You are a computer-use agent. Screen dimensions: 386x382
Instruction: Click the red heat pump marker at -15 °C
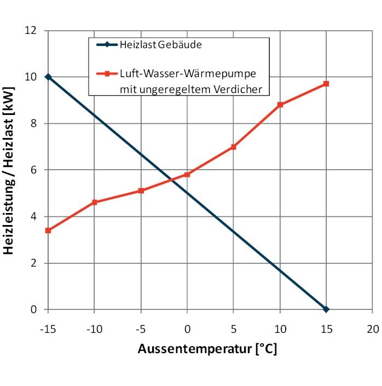(x=48, y=231)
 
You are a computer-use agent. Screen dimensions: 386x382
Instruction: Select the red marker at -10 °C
(x=95, y=202)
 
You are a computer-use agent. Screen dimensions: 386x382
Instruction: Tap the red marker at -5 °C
(x=141, y=191)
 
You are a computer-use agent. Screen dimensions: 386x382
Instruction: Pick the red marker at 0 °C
(x=187, y=175)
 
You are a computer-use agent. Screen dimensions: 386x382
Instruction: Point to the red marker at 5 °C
(x=234, y=147)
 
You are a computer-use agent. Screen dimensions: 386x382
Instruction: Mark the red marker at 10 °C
(x=280, y=105)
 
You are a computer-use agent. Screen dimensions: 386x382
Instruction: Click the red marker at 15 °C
(x=326, y=84)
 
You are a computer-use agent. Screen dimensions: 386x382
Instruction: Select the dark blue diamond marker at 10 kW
(x=48, y=77)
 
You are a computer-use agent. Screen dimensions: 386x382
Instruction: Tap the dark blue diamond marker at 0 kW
(x=326, y=309)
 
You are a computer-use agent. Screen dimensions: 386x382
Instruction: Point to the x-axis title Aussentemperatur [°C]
(x=207, y=349)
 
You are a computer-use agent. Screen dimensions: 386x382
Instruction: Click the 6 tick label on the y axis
(x=34, y=170)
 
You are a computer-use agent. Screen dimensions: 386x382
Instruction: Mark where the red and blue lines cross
(x=171, y=180)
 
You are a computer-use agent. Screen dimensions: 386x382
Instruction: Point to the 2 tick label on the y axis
(x=34, y=263)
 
